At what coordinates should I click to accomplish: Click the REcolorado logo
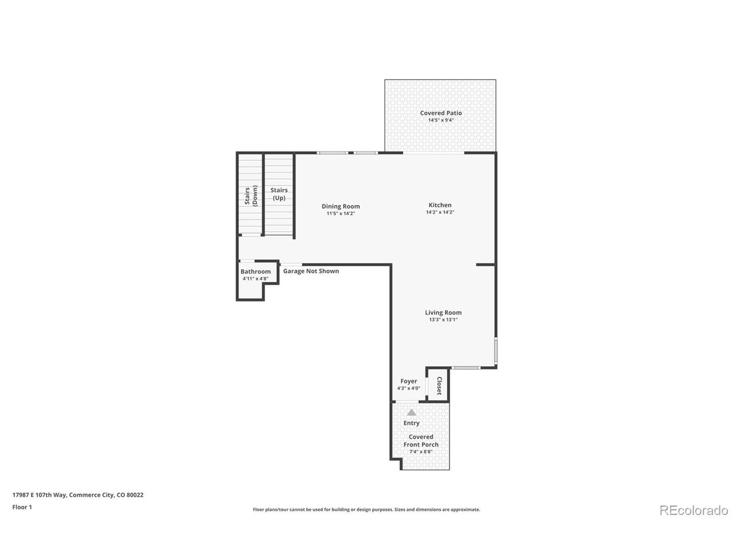coord(693,510)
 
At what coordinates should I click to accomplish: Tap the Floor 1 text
coord(22,507)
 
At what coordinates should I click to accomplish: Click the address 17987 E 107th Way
coord(40,495)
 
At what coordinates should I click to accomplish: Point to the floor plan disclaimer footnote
coord(366,509)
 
